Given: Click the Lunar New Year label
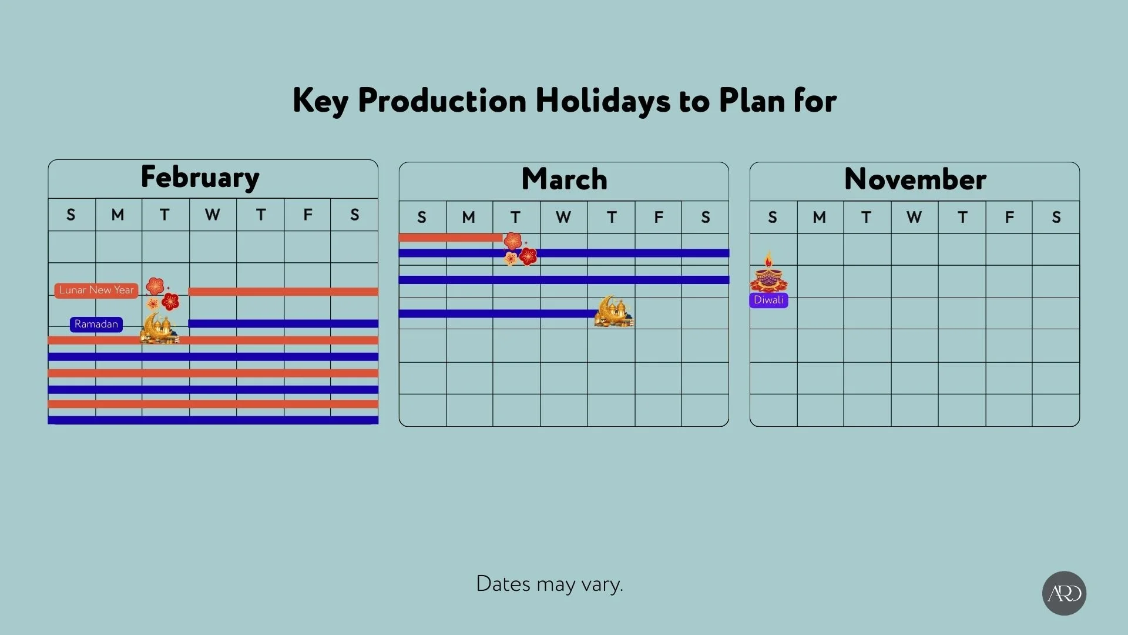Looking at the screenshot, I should tap(96, 290).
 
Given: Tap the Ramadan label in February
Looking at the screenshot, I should tap(96, 324).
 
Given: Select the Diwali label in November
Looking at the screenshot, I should tap(768, 300).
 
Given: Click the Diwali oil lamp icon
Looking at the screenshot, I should tap(768, 273).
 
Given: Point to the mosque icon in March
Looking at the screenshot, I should tap(614, 312).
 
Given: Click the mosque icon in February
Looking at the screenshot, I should tap(159, 327).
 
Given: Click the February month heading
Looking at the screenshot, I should tap(200, 178).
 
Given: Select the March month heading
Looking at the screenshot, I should tap(564, 179).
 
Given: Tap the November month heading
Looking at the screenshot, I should tap(915, 179).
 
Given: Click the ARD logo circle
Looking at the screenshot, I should tap(1064, 593).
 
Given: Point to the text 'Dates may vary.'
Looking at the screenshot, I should tap(549, 584).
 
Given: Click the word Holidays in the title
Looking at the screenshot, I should tap(602, 101).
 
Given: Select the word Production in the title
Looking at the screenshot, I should tap(442, 101).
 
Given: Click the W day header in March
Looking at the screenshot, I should tap(563, 218).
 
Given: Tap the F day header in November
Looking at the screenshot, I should tap(1009, 218).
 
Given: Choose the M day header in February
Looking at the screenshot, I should tap(117, 215).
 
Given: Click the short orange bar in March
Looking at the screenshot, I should tap(450, 238).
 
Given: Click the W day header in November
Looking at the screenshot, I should tap(914, 218).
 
